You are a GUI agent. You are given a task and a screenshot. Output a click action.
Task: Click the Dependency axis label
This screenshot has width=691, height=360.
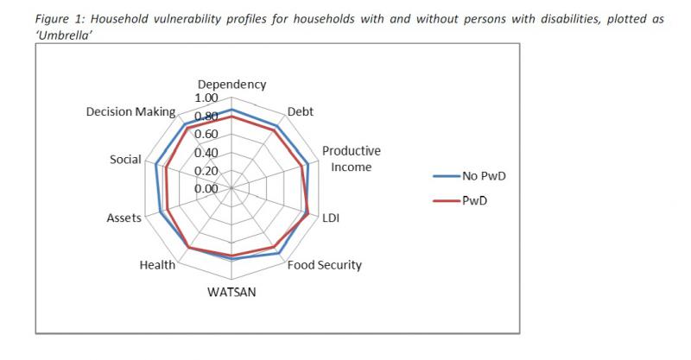pos(231,85)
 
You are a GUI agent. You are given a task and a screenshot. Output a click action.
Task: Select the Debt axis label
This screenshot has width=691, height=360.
pos(300,111)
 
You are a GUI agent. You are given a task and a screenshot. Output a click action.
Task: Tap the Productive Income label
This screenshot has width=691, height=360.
pos(351,158)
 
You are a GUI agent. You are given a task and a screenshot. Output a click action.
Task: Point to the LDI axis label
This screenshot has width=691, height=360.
pos(331,218)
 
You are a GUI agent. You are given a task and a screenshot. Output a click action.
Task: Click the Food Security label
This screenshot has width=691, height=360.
pos(324,265)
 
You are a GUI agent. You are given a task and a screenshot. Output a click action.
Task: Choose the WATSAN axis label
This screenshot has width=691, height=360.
pos(231,291)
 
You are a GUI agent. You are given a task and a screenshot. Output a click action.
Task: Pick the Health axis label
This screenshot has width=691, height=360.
pos(157,265)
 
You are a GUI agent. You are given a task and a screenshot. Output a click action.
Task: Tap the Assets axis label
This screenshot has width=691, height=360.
pos(124,218)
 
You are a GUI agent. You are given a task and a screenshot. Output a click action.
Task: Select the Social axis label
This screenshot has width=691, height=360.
pos(125,161)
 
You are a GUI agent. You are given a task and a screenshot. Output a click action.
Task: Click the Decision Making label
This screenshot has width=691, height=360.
pos(131,112)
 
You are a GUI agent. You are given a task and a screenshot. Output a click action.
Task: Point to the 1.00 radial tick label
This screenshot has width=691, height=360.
pos(206,100)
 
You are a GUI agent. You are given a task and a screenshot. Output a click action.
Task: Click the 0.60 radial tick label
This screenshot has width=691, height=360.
pos(206,135)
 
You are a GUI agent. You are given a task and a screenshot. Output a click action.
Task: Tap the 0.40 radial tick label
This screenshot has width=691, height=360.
pos(206,153)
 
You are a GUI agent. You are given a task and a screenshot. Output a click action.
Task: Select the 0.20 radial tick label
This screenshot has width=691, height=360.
pos(206,170)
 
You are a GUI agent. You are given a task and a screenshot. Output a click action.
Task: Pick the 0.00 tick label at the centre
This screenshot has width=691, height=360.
pos(206,188)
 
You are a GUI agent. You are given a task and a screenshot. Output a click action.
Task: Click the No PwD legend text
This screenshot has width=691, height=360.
pos(484,176)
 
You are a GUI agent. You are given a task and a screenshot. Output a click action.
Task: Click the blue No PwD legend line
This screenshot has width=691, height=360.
pos(447,176)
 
